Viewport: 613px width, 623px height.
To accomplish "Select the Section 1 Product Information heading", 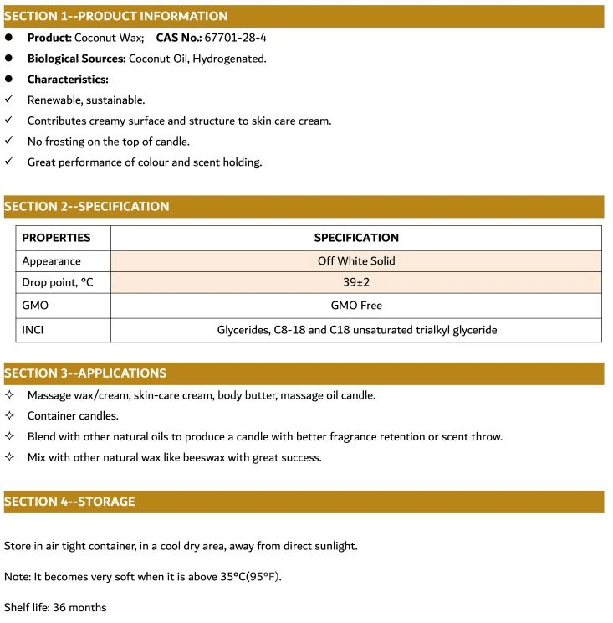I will coord(115,16).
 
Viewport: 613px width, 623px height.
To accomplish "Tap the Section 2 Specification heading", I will coord(86,206).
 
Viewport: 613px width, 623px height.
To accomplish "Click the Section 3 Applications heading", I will coord(84,373).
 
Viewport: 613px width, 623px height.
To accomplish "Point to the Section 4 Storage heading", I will coord(69,502).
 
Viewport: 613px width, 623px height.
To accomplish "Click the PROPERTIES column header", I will coord(56,238).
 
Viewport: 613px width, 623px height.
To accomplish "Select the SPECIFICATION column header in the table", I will coord(356,238).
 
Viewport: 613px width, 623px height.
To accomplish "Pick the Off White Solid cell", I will coord(356,260).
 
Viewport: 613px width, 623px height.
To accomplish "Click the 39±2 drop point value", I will coord(356,283).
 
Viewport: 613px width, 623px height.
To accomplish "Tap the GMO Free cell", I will coord(356,306).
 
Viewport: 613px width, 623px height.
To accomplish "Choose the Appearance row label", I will coord(51,260).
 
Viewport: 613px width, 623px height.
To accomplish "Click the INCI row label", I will coord(33,330).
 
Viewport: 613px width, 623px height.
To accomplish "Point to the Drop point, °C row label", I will coord(58,283).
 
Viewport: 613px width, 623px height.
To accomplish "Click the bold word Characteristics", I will coord(68,80).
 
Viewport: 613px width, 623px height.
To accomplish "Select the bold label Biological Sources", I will coord(77,59).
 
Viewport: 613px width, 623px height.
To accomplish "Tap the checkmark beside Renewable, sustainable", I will coord(8,100).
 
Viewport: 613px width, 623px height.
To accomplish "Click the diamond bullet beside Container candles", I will coord(9,416).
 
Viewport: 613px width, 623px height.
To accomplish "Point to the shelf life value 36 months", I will coord(79,607).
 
